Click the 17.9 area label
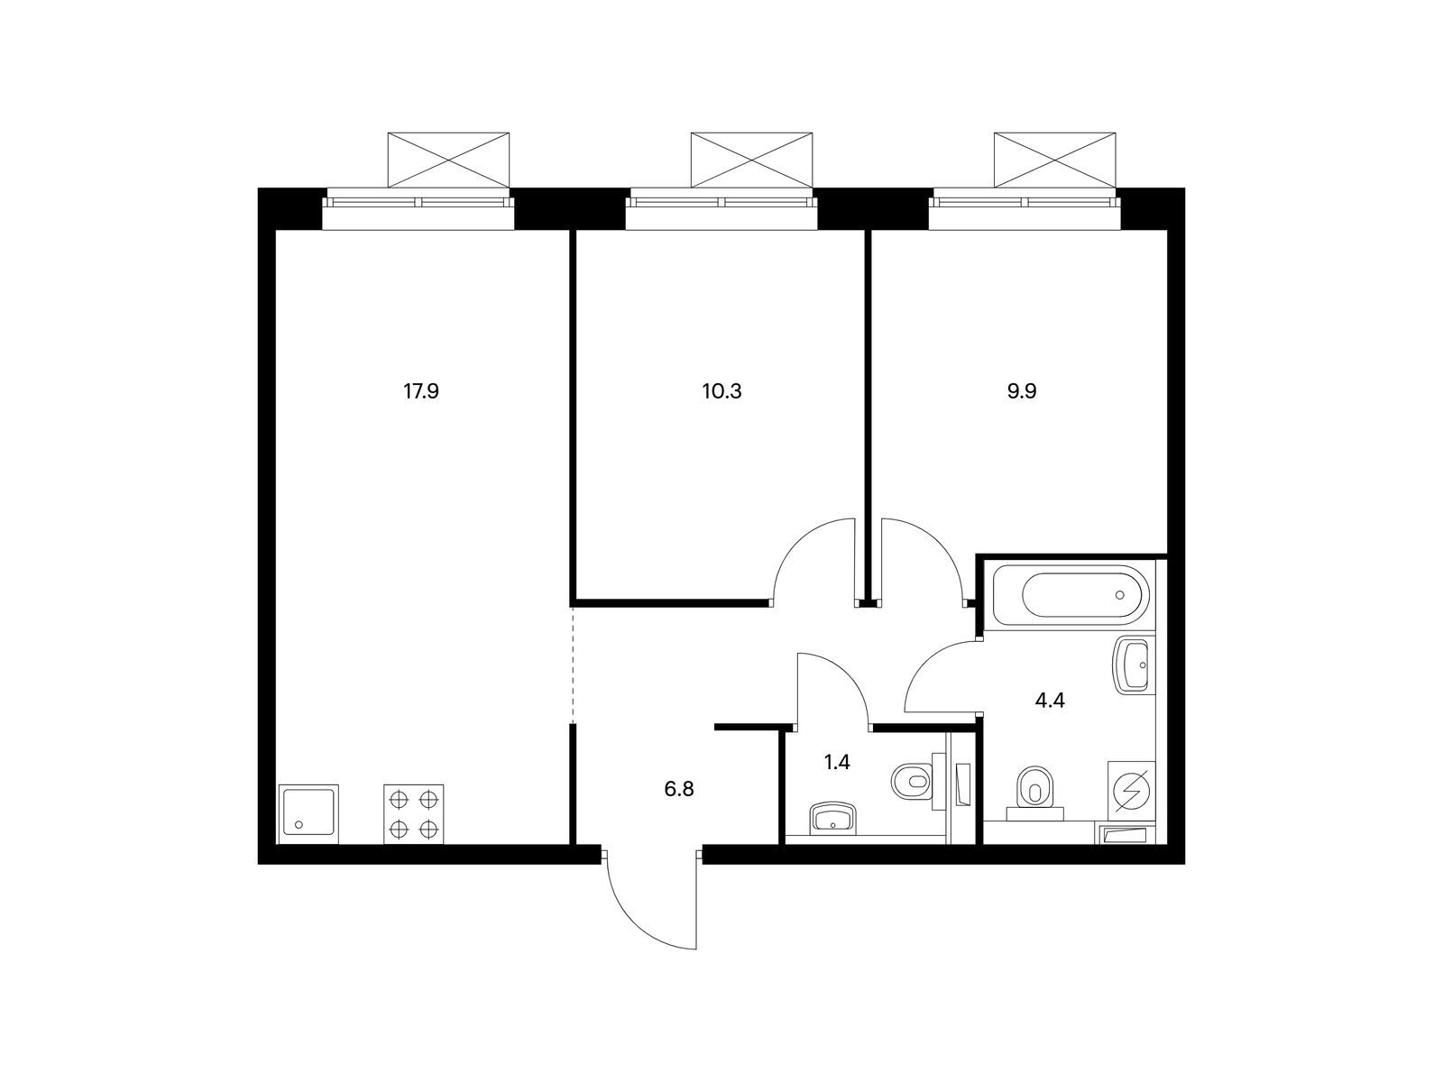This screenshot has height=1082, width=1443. (421, 391)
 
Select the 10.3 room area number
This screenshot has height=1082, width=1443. (721, 391)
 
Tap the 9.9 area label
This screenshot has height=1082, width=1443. (1022, 391)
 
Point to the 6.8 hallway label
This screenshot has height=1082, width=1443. (678, 789)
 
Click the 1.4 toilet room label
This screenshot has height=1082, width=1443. (837, 762)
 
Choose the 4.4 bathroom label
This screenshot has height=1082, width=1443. (1049, 701)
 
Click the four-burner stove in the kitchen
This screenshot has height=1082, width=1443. (413, 814)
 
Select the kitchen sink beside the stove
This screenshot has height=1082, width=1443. (308, 814)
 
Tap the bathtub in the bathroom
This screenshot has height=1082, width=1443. (1071, 595)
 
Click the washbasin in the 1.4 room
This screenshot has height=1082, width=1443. (833, 818)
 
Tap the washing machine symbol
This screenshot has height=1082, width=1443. (1131, 791)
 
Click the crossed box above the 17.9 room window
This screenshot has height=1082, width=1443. (448, 160)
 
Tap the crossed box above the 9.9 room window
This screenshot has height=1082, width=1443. (1054, 160)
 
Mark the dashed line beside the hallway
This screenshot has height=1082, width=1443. (573, 664)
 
